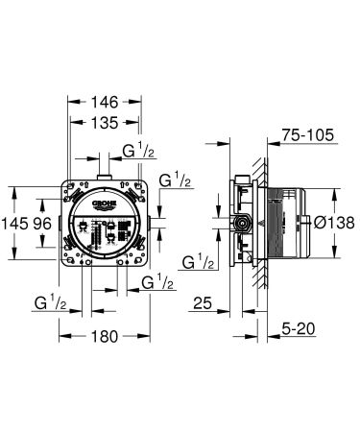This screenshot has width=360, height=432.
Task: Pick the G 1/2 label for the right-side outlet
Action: point(174,180)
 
